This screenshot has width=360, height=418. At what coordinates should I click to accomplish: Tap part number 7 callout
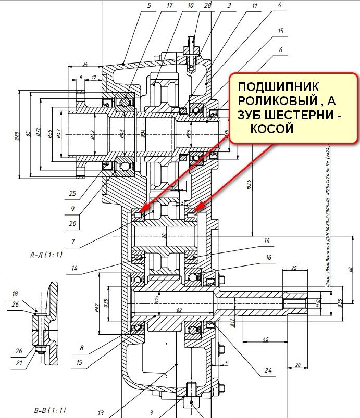pos(73,242)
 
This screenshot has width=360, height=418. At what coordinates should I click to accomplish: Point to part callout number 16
pos(268,257)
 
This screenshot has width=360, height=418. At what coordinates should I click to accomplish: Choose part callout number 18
pos(15,294)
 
